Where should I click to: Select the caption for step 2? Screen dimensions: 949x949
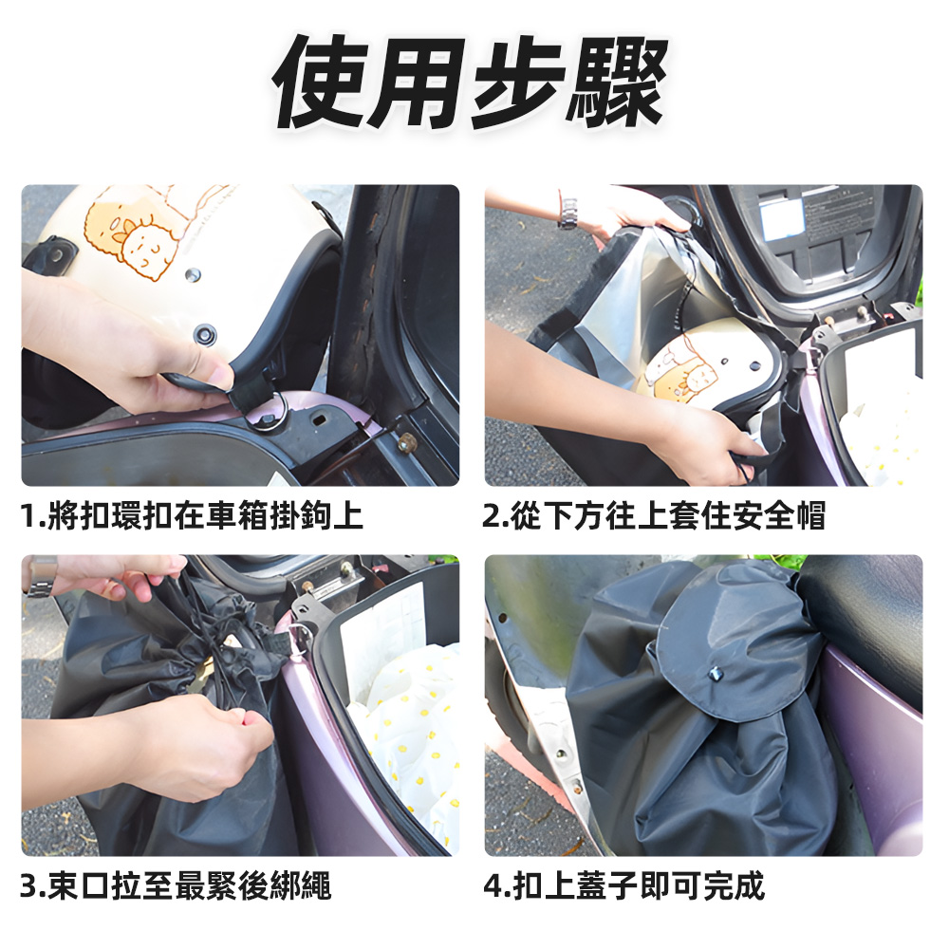click(654, 516)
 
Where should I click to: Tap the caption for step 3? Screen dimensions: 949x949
click(177, 886)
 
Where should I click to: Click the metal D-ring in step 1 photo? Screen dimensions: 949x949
click(269, 409)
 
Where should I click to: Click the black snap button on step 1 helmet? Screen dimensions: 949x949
click(204, 334)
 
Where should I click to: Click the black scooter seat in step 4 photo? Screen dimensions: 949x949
click(868, 617)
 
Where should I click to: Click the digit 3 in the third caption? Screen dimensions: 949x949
click(29, 886)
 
